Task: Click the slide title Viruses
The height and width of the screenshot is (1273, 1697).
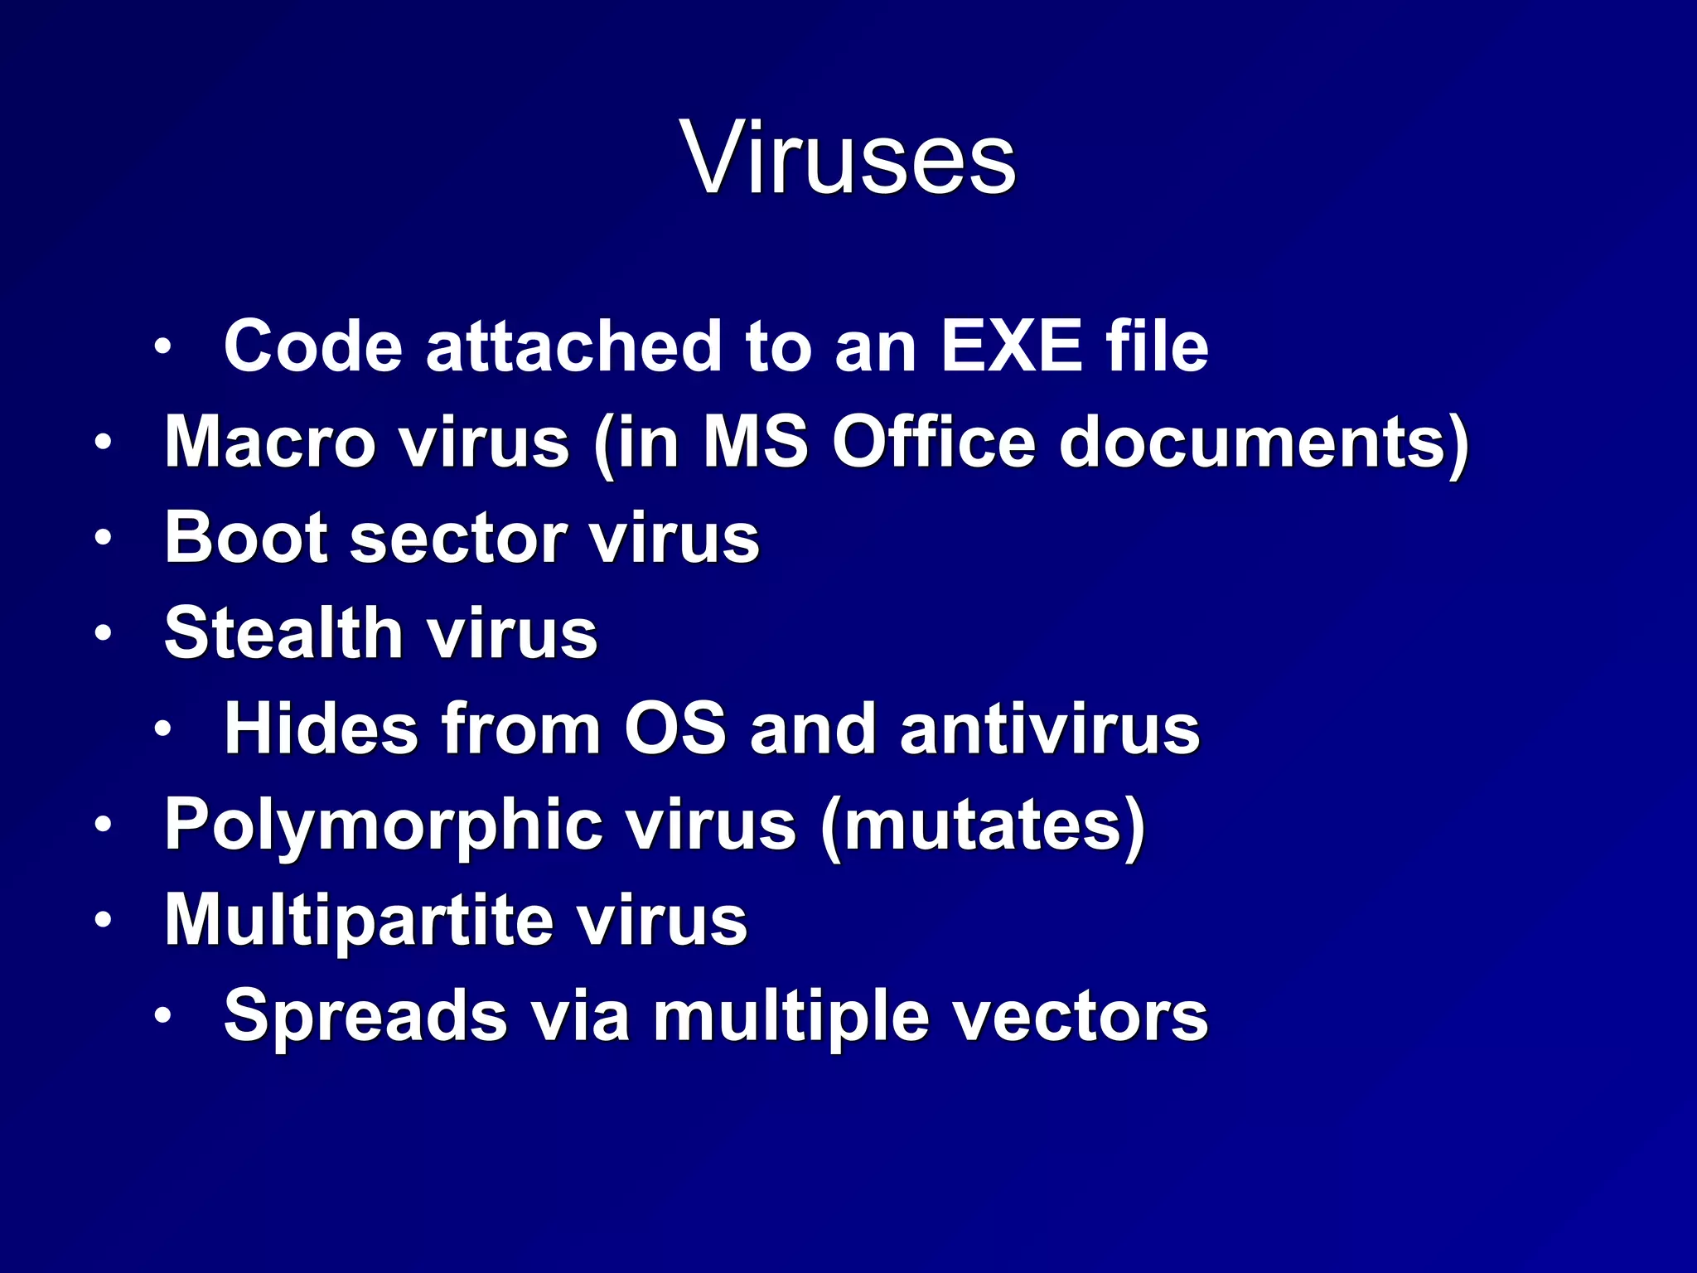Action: (848, 157)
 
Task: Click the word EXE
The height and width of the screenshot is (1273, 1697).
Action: (1011, 346)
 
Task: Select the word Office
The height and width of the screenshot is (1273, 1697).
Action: (934, 442)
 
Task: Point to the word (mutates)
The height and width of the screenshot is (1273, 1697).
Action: (983, 825)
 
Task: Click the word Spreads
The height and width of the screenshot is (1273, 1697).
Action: (365, 1016)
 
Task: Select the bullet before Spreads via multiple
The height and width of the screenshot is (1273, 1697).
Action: (162, 1016)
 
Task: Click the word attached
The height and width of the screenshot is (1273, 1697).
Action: (573, 346)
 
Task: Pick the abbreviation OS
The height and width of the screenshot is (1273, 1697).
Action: (674, 729)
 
